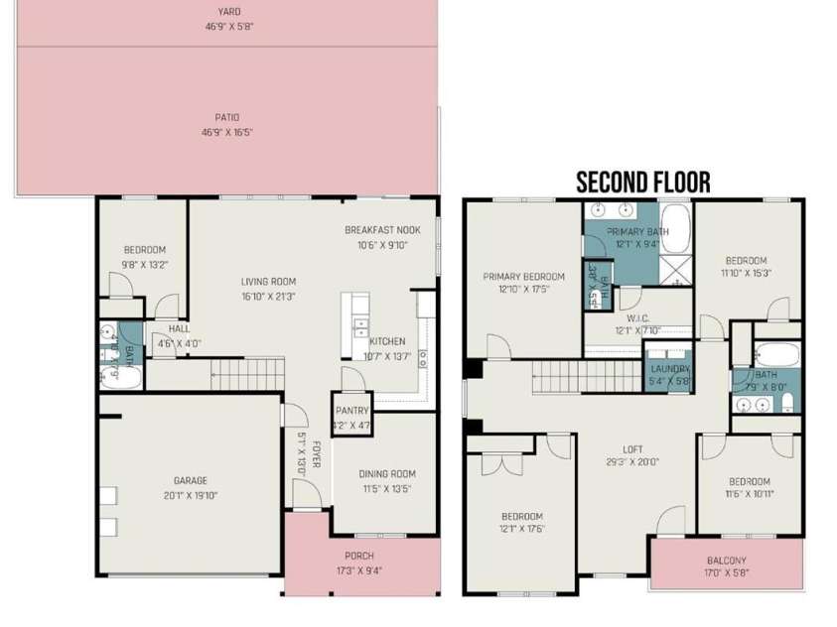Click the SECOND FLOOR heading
(642, 182)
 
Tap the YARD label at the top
(229, 12)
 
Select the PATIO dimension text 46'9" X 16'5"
(228, 131)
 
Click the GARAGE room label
(190, 481)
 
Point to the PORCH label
(359, 556)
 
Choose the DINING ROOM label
(386, 474)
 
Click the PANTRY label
(351, 411)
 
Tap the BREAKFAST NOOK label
(382, 230)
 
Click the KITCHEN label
(386, 341)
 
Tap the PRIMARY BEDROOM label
(524, 277)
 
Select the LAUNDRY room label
(670, 368)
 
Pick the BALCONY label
(728, 560)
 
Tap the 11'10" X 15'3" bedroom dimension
(746, 272)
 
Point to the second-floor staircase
(567, 377)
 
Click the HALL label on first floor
(179, 328)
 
